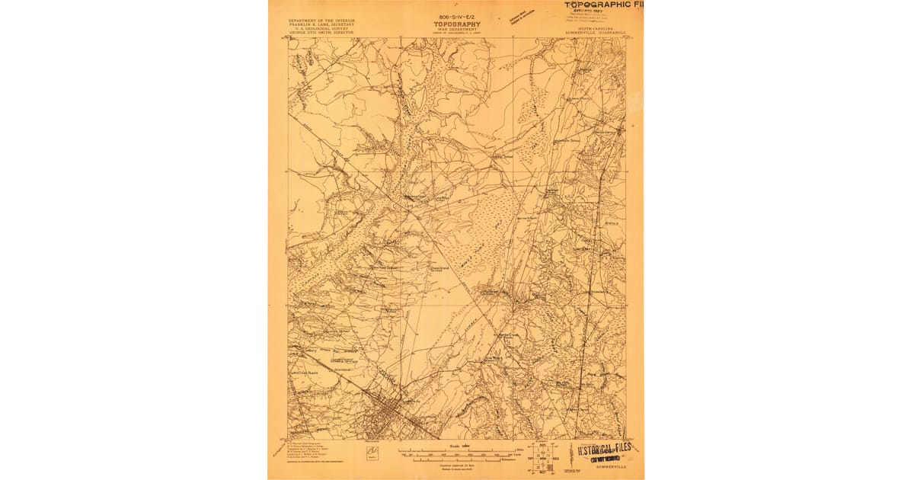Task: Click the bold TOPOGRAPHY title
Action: point(458,24)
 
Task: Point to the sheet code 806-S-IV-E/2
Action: point(457,15)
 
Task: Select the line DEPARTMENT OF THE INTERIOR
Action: point(320,21)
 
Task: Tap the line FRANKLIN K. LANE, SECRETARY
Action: point(320,25)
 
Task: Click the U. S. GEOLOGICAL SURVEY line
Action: point(320,30)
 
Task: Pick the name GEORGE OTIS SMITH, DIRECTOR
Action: point(320,34)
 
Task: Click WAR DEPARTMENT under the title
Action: point(458,30)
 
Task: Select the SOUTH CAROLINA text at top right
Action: point(596,27)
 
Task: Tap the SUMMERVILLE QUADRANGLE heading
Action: point(596,32)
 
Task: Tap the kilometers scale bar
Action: point(457,459)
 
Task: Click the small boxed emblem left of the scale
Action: point(372,454)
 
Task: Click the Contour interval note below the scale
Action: point(458,466)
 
